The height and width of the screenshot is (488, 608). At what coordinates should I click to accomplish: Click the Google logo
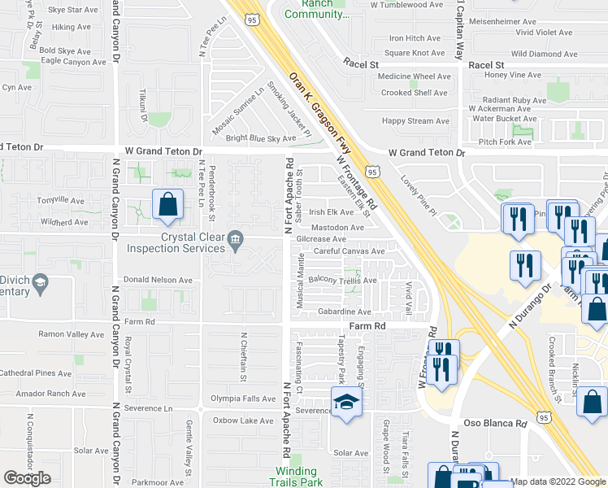coord(28,478)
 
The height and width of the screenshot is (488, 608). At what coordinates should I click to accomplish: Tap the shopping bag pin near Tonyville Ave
coord(167,206)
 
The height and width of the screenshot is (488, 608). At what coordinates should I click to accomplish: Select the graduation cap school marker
coord(346,403)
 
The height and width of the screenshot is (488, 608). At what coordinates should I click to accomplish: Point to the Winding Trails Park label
coord(295,477)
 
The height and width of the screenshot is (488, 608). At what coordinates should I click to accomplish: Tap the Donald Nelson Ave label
coord(158,280)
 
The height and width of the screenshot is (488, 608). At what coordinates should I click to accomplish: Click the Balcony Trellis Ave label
coord(342,281)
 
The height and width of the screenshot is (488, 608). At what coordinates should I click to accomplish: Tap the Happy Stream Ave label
coord(415,121)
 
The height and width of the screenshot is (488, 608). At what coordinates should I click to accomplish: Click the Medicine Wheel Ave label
coord(410,77)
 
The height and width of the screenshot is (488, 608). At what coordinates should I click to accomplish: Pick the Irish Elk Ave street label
coord(331,212)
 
